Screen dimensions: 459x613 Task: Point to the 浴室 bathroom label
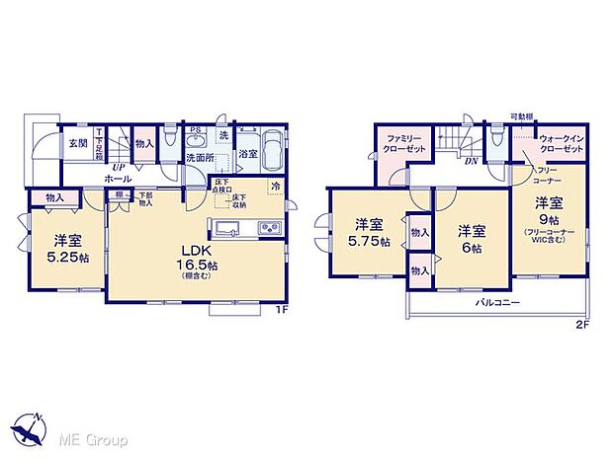coord(248,153)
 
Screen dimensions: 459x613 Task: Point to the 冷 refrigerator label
coord(274,187)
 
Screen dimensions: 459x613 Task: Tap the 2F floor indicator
coord(583,323)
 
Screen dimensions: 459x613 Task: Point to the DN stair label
coord(470,160)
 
